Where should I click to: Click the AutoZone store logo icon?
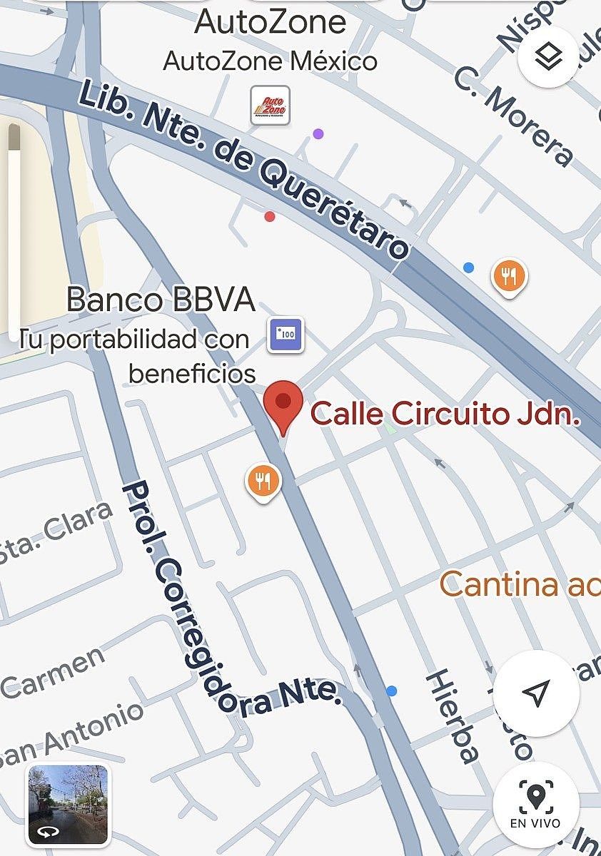(x=271, y=106)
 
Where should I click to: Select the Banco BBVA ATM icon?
(x=286, y=335)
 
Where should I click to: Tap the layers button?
(x=548, y=56)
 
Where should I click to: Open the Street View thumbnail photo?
(x=68, y=804)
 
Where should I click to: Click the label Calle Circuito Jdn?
(x=445, y=414)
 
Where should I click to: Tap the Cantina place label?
(x=519, y=585)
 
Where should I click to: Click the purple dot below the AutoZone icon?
(x=318, y=134)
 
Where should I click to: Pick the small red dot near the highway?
(x=269, y=216)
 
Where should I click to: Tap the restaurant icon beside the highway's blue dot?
(x=509, y=276)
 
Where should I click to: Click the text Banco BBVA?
(x=161, y=300)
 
